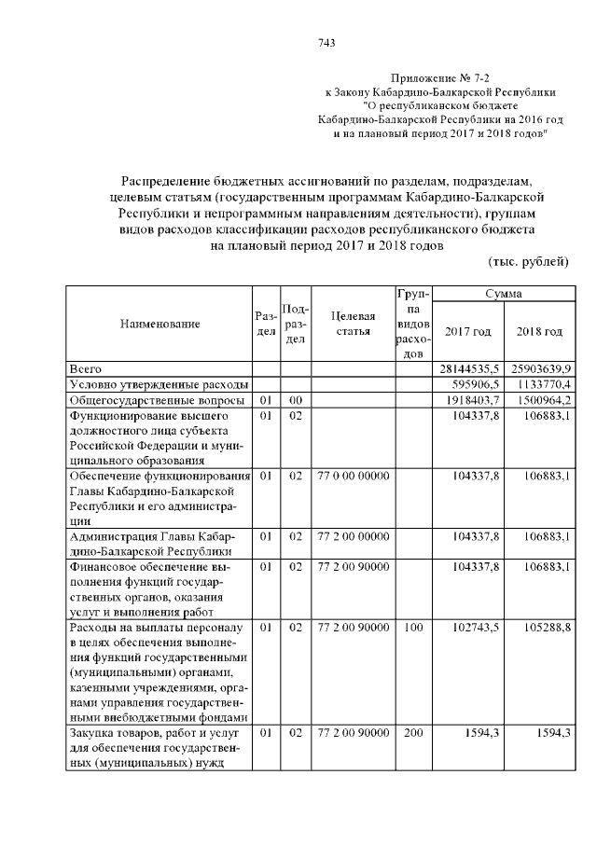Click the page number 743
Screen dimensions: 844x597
[326, 42]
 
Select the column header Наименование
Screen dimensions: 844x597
[160, 324]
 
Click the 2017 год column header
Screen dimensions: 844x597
[468, 332]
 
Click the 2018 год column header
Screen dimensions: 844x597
[539, 332]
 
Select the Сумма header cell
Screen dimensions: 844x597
[502, 294]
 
